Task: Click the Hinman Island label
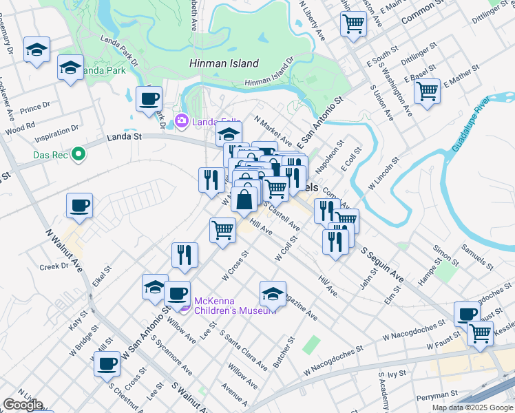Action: pyautogui.click(x=224, y=63)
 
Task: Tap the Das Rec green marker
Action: pyautogui.click(x=78, y=155)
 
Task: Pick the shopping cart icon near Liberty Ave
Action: pyautogui.click(x=353, y=24)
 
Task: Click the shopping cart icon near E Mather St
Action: pyautogui.click(x=427, y=91)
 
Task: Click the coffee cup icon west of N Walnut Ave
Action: pyautogui.click(x=79, y=205)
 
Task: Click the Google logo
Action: pyautogui.click(x=23, y=405)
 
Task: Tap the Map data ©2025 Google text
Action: pyautogui.click(x=472, y=407)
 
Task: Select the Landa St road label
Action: pyautogui.click(x=124, y=138)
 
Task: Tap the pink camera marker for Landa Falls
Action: pyautogui.click(x=182, y=122)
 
